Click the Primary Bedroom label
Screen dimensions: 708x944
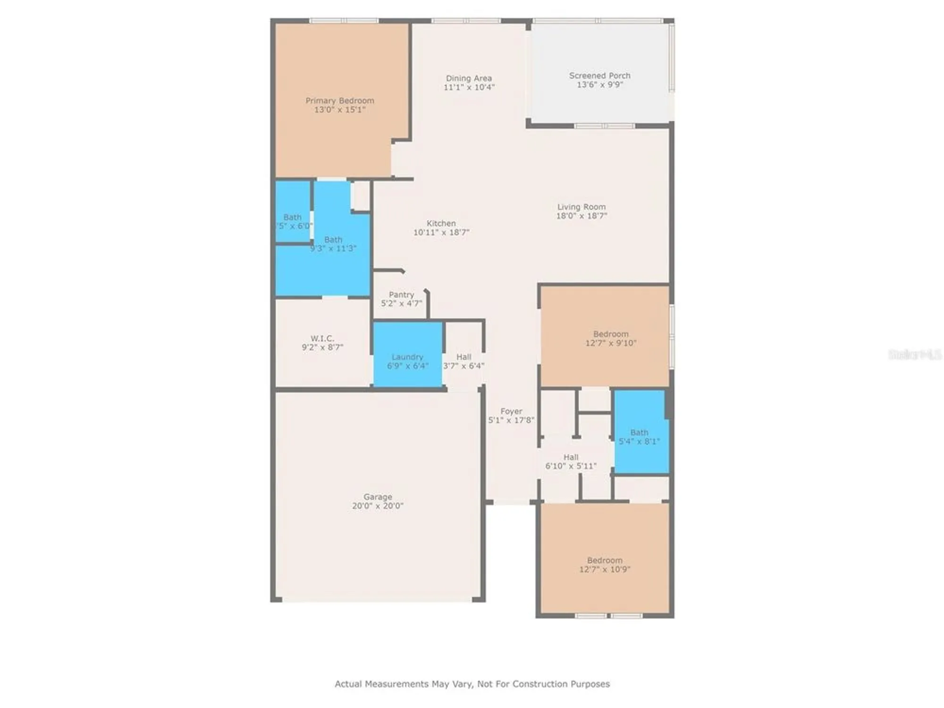tap(339, 101)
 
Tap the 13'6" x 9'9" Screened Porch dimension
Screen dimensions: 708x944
tap(599, 84)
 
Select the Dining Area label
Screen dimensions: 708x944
tap(469, 78)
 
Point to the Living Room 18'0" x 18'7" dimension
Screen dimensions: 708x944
tap(581, 216)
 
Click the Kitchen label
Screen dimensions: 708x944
tap(441, 223)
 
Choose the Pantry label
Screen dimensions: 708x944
tap(401, 295)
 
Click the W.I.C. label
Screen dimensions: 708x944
tap(322, 338)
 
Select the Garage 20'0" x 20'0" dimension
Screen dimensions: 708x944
tap(378, 506)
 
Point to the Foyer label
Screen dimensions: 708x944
tap(511, 411)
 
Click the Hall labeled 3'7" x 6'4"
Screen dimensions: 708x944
tap(464, 361)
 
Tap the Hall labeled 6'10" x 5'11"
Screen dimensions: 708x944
tap(571, 462)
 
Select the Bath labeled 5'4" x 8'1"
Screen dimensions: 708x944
tap(639, 437)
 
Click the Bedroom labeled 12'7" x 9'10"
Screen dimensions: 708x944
tap(610, 338)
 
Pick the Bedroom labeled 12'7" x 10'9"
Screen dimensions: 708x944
tap(605, 565)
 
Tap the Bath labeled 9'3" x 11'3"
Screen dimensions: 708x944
tap(333, 244)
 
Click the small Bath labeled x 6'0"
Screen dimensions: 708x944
tap(292, 221)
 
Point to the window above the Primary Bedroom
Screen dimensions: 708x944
tap(344, 20)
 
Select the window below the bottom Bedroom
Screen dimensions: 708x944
tap(608, 616)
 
